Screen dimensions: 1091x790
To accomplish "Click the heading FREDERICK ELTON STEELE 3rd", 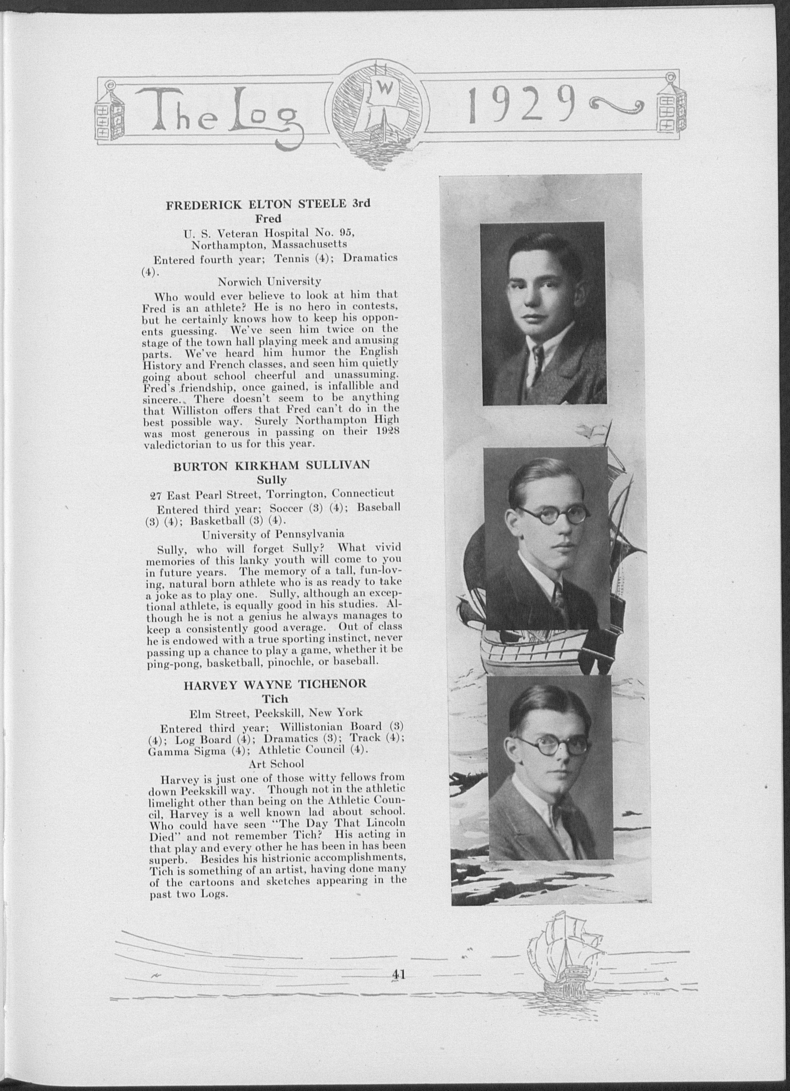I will tap(268, 204).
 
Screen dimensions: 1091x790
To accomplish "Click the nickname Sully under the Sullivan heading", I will tap(271, 479).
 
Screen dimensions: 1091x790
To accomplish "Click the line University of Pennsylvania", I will tap(273, 534).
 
